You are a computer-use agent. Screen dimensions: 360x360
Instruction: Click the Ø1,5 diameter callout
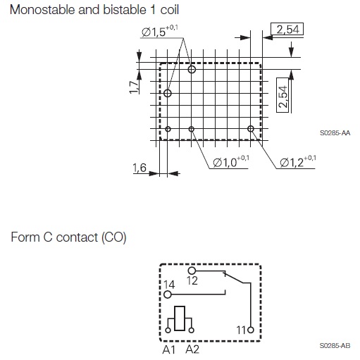[160, 31]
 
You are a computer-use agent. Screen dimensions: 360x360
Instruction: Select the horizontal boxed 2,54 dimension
[287, 29]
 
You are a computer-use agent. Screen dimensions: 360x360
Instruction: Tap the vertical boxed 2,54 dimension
[283, 95]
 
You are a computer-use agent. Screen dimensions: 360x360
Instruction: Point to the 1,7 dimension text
[134, 87]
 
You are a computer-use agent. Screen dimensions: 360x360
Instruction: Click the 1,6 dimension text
[139, 168]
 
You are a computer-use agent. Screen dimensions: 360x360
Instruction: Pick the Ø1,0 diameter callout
[231, 161]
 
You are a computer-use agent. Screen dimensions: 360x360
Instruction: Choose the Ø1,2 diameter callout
[298, 161]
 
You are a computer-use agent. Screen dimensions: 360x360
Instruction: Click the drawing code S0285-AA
[335, 133]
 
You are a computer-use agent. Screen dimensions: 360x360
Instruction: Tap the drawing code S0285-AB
[335, 346]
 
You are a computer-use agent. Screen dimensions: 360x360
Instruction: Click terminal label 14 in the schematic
[169, 285]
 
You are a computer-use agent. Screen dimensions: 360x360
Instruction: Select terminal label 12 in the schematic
[192, 280]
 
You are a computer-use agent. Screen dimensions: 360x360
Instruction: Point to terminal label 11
[241, 330]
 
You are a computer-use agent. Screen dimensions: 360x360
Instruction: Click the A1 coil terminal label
[169, 349]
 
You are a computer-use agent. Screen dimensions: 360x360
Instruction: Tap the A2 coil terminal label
[192, 349]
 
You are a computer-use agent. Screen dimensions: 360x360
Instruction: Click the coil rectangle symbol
[180, 318]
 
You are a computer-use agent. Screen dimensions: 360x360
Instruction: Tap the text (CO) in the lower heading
[114, 237]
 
